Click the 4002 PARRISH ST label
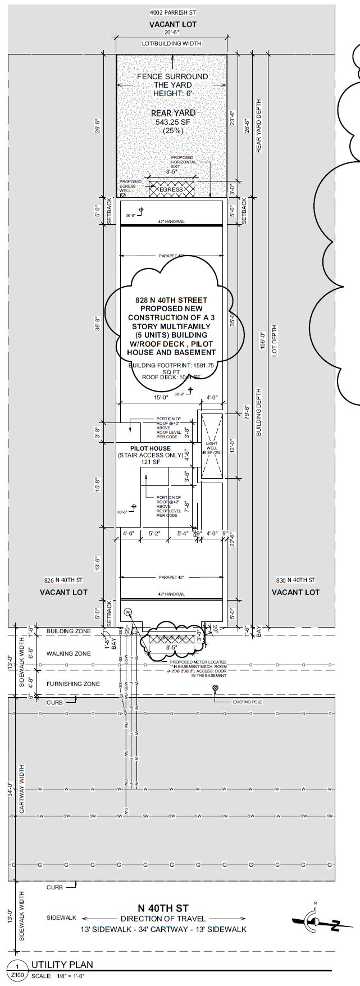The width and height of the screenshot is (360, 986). tap(172, 12)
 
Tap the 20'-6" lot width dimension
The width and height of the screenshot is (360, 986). tap(172, 34)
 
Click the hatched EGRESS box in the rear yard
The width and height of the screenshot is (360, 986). tap(171, 189)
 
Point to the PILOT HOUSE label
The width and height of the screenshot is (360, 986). tap(151, 448)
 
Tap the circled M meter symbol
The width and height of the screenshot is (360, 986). tap(127, 611)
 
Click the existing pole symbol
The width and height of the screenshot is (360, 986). tap(216, 688)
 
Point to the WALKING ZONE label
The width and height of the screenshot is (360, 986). tap(69, 653)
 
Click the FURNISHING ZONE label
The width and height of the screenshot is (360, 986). tap(73, 684)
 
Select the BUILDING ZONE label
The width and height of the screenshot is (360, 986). tap(69, 631)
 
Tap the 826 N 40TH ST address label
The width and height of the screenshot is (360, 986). tap(63, 580)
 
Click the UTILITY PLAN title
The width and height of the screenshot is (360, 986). tap(62, 965)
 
